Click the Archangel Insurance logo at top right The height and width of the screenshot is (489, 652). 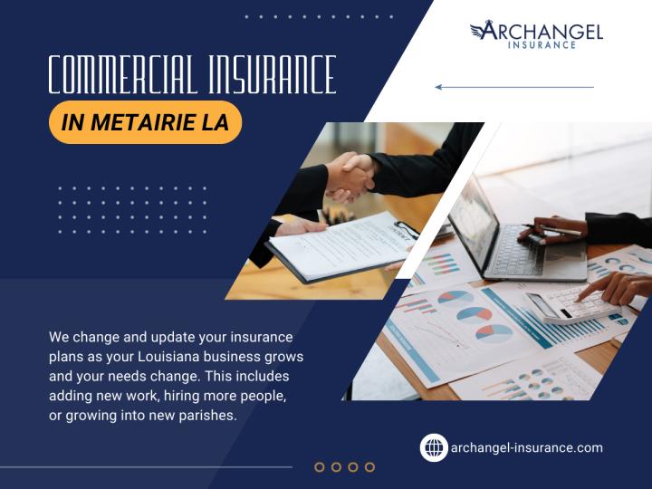click(536, 34)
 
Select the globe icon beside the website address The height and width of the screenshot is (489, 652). click(434, 447)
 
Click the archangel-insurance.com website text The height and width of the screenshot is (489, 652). click(526, 447)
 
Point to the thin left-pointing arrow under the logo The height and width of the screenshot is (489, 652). click(513, 87)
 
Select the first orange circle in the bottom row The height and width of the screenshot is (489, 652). click(320, 466)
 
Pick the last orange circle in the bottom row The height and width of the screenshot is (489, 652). click(369, 466)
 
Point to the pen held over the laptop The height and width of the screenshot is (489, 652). click(552, 231)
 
